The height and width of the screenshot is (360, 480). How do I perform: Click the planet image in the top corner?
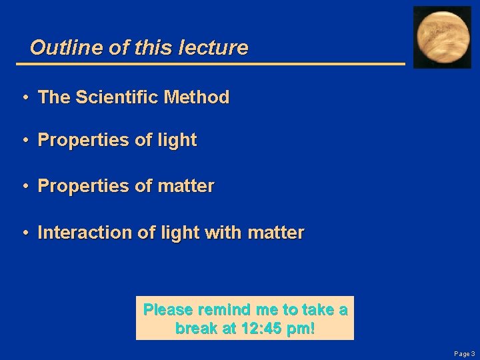point(443,37)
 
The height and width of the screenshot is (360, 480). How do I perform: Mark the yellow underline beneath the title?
point(210,64)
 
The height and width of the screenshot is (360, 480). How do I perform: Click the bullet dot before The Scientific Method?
point(24,98)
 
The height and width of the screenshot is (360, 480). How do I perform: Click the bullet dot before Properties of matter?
point(24,187)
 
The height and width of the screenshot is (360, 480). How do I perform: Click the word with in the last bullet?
point(223,233)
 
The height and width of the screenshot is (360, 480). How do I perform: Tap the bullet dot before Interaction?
point(24,233)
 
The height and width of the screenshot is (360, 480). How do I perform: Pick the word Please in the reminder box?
point(167,310)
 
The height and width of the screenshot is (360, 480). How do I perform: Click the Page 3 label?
point(463,354)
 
